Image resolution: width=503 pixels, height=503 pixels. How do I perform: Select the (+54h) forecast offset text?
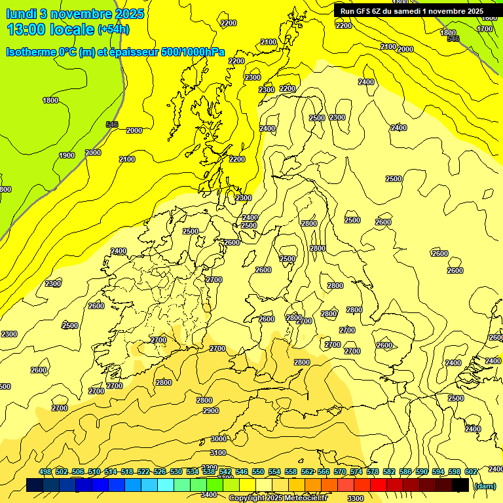tap(113, 29)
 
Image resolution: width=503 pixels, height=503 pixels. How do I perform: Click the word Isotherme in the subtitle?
tap(30, 52)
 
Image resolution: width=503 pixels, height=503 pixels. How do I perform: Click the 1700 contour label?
tap(485, 29)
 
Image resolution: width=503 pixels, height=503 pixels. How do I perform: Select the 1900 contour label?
tap(67, 155)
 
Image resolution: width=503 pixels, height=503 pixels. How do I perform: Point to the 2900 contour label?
tap(211, 411)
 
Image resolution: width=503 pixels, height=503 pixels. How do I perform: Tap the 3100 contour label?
tap(218, 453)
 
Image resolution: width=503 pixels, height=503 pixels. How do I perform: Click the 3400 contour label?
tap(209, 494)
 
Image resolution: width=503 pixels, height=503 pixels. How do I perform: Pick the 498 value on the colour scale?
tap(45, 472)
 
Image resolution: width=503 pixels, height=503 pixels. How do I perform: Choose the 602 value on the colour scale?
tap(471, 472)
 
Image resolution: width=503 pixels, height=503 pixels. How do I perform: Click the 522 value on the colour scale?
tap(143, 472)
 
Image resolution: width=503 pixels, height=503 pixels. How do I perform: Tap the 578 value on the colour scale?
tap(373, 472)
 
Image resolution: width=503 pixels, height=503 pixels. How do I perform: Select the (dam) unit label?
tap(484, 485)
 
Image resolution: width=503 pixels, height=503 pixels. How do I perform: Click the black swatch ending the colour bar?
tap(460, 485)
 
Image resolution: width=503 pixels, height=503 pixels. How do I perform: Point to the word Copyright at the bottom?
tap(246, 498)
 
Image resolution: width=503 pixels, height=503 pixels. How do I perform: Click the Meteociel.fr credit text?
tap(305, 498)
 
